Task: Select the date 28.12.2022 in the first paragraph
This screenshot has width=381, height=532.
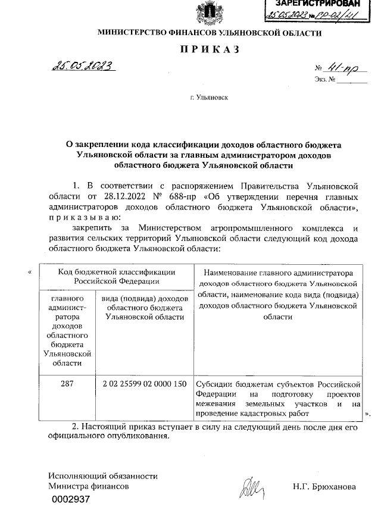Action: click(x=126, y=196)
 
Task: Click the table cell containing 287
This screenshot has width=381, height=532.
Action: click(x=67, y=384)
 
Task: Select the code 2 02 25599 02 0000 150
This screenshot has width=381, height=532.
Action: click(x=144, y=384)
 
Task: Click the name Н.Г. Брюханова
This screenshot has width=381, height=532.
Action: click(x=324, y=487)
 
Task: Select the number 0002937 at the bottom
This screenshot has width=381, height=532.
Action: click(x=70, y=500)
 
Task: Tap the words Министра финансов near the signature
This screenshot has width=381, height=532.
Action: click(x=88, y=487)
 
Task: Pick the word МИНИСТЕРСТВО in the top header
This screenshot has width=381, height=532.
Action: click(x=127, y=33)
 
